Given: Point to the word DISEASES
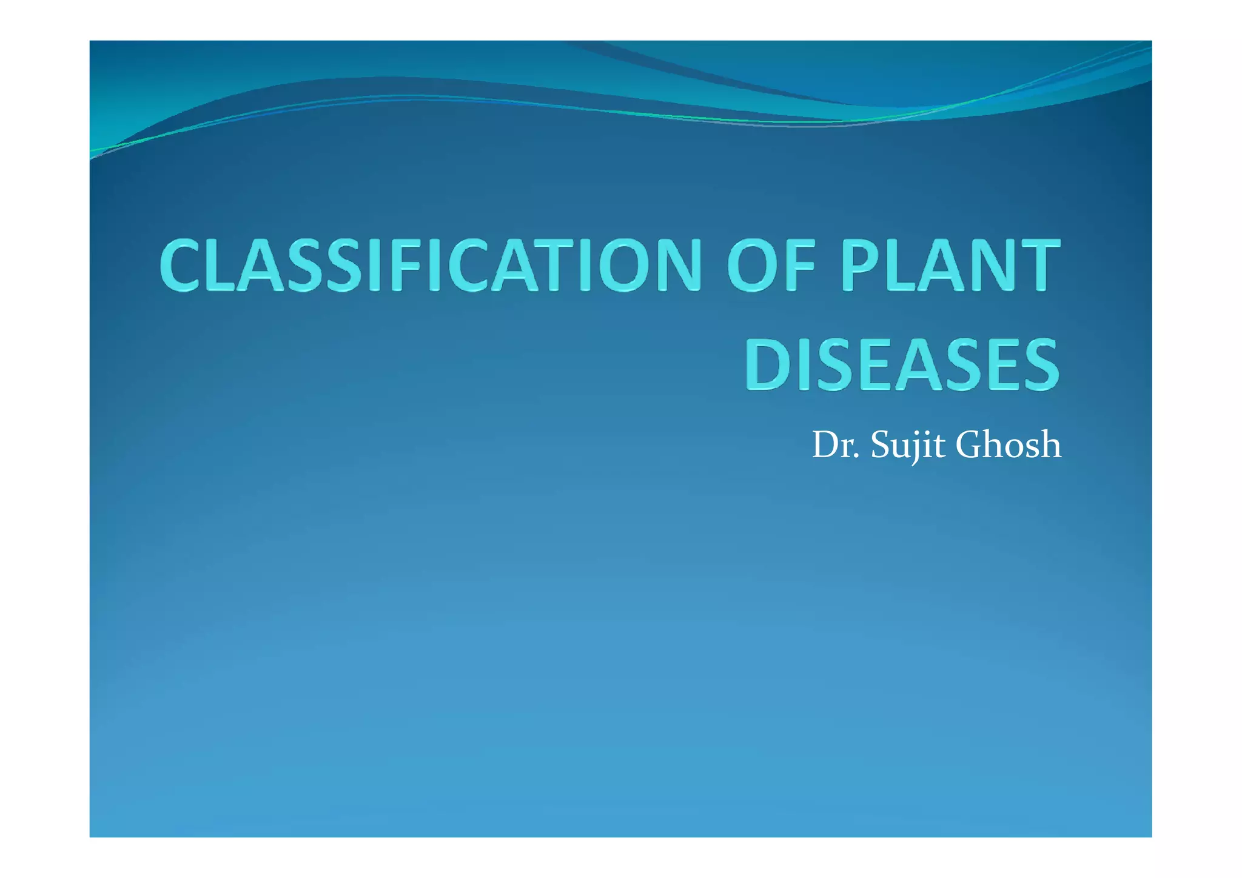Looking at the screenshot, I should tap(902, 364).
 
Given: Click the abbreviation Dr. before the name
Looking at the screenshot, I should tap(836, 445).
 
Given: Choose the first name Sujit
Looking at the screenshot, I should tap(908, 445).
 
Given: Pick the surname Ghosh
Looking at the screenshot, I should tap(1008, 445).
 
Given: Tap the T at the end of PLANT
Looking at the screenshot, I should tap(1038, 266).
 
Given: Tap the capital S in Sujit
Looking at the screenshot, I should tap(879, 445).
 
